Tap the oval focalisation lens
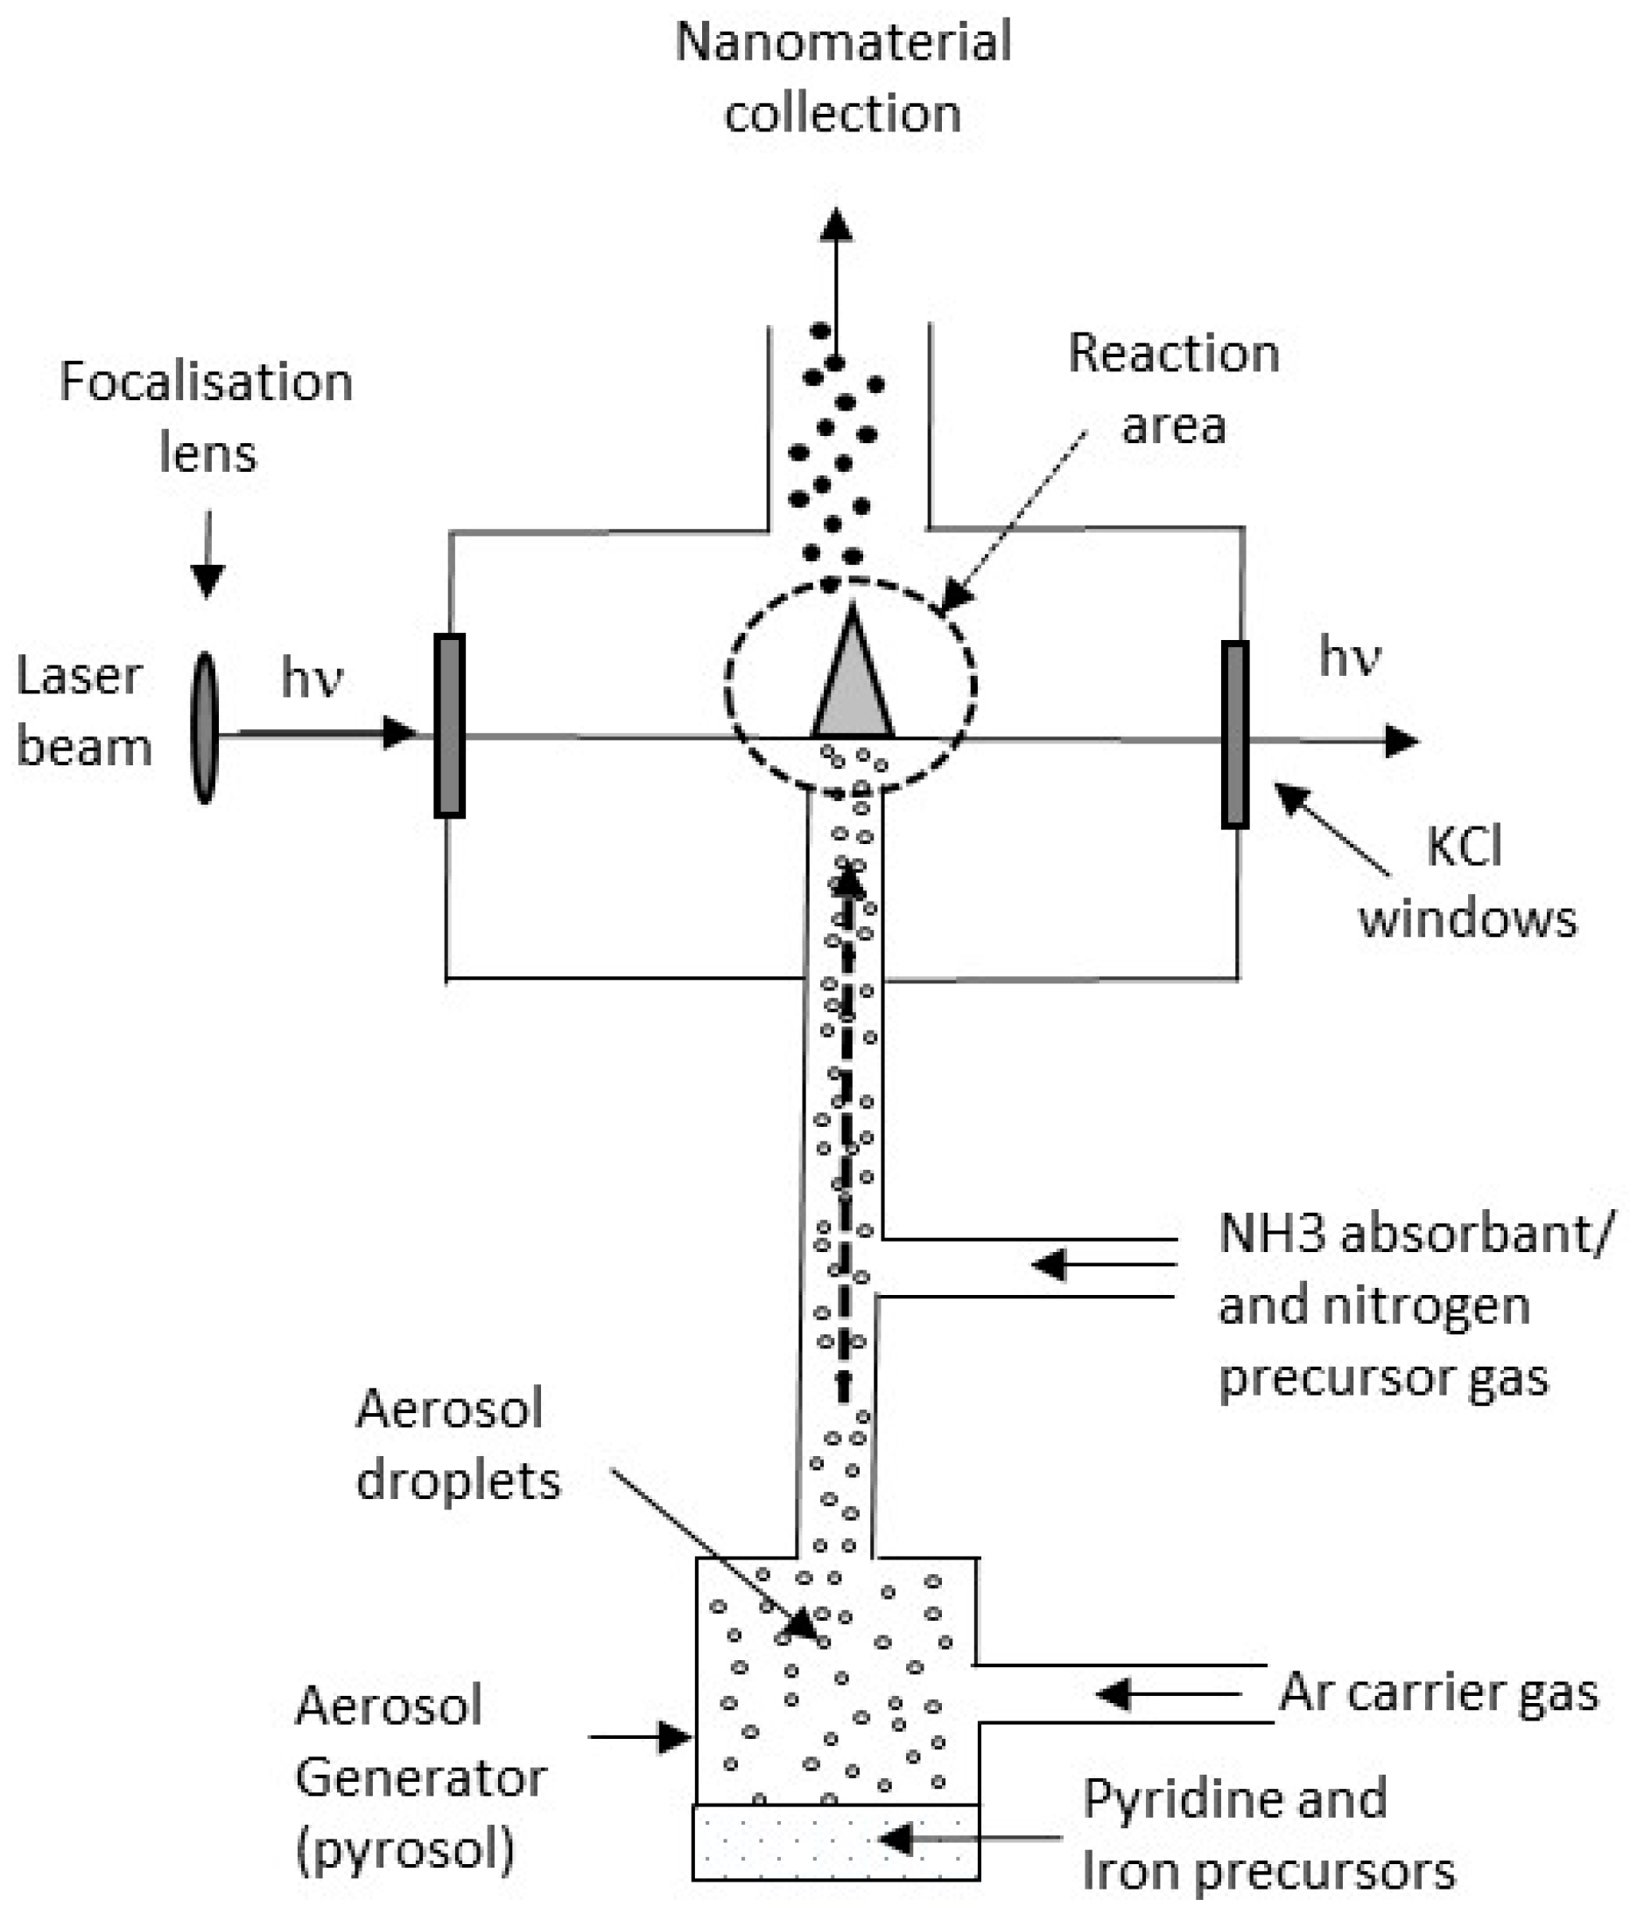204,728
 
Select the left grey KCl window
449,726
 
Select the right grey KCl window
1234,735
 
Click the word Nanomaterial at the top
842,43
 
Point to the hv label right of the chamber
1349,658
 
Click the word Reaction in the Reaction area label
1173,354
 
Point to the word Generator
421,1777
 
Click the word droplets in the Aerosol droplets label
458,1481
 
